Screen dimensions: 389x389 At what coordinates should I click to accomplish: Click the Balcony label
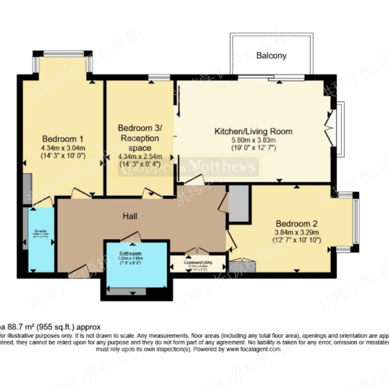[271, 56]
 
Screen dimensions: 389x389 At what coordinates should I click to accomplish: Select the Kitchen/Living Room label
[253, 131]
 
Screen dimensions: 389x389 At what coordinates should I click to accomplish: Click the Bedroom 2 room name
[296, 223]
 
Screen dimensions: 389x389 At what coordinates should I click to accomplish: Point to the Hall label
[130, 216]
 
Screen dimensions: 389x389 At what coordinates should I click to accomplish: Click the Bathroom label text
[130, 253]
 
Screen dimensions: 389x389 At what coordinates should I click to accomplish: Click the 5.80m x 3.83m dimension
[253, 140]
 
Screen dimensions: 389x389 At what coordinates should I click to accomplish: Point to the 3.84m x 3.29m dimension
[296, 232]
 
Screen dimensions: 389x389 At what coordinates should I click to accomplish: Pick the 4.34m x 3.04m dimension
[63, 148]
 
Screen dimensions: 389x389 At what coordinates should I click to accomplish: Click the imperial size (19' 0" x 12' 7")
[253, 148]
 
